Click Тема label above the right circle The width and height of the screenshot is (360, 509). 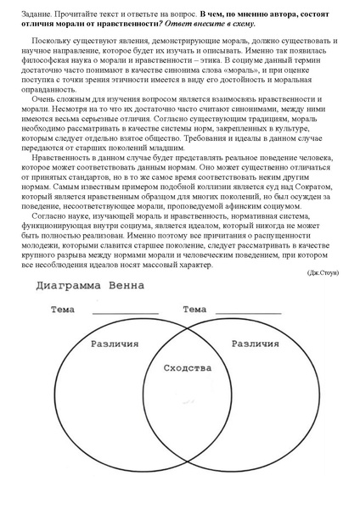[x=196, y=310]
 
